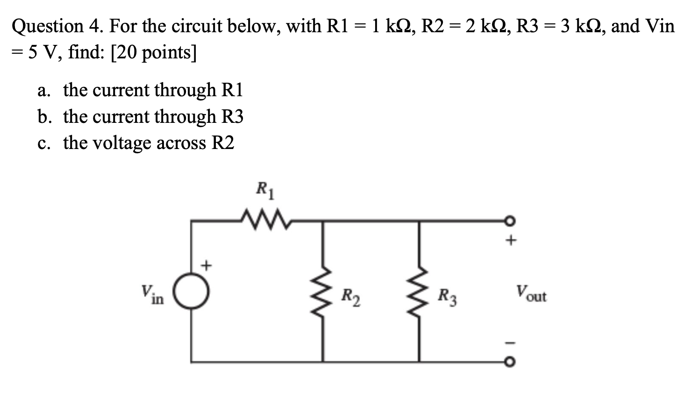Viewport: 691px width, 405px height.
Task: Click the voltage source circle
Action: [192, 291]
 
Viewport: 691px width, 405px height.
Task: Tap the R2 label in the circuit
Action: [350, 297]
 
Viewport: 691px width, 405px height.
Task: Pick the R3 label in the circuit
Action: [447, 297]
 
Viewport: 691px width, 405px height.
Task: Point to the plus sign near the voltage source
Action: [206, 266]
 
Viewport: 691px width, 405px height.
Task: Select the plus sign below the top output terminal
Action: [512, 241]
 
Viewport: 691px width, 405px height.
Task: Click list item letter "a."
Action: [44, 90]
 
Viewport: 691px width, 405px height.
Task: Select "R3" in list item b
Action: [232, 117]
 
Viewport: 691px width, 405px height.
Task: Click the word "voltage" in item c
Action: [122, 143]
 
